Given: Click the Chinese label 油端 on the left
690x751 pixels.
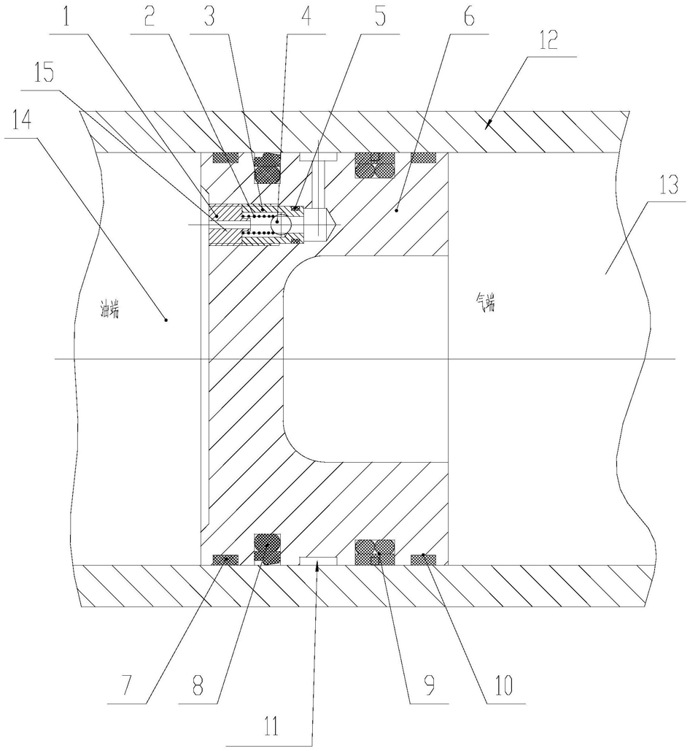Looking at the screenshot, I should [109, 312].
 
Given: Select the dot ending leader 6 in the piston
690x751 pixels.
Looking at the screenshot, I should [396, 210].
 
